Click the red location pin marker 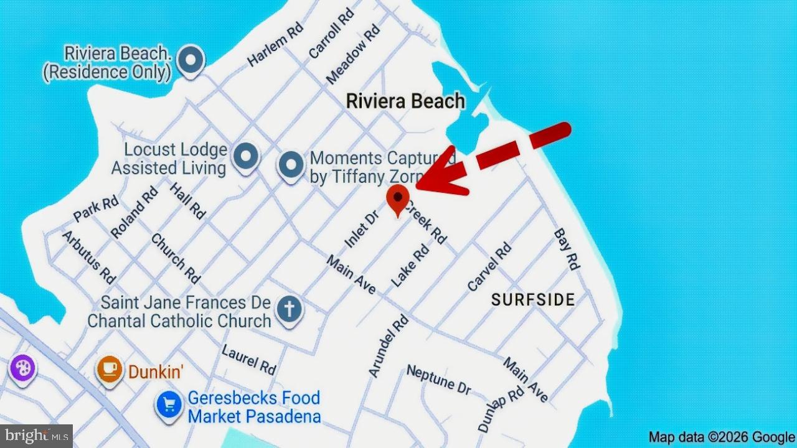coord(397,198)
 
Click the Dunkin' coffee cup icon coord(109,368)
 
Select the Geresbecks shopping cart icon coord(168,405)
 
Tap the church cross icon coord(289,309)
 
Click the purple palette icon coord(23,368)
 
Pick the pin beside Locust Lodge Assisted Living coord(245,155)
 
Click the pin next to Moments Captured coord(290,165)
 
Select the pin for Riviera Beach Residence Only coord(191,61)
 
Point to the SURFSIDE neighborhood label coord(533,300)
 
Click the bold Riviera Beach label coord(405,101)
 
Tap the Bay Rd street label coord(567,249)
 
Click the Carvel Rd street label coord(489,267)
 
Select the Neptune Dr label coord(438,380)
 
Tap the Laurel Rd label coord(248,360)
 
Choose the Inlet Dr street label coord(362,229)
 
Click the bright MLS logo coord(36,436)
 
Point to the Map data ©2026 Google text coord(721,437)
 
